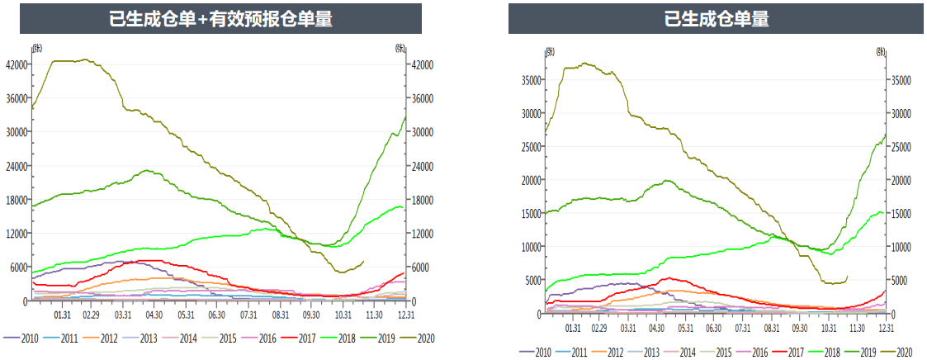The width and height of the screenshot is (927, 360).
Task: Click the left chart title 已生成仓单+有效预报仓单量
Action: (220, 19)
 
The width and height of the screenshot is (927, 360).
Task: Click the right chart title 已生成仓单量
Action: (716, 19)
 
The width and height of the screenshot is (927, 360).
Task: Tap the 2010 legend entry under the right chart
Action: (542, 353)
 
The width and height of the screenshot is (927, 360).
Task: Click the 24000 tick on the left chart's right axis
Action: (423, 166)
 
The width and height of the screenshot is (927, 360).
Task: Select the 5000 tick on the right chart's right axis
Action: (898, 281)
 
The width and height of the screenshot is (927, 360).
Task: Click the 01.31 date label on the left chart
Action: (61, 315)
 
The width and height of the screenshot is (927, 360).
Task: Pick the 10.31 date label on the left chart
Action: (342, 315)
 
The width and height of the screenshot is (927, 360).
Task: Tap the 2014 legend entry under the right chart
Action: (688, 353)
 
